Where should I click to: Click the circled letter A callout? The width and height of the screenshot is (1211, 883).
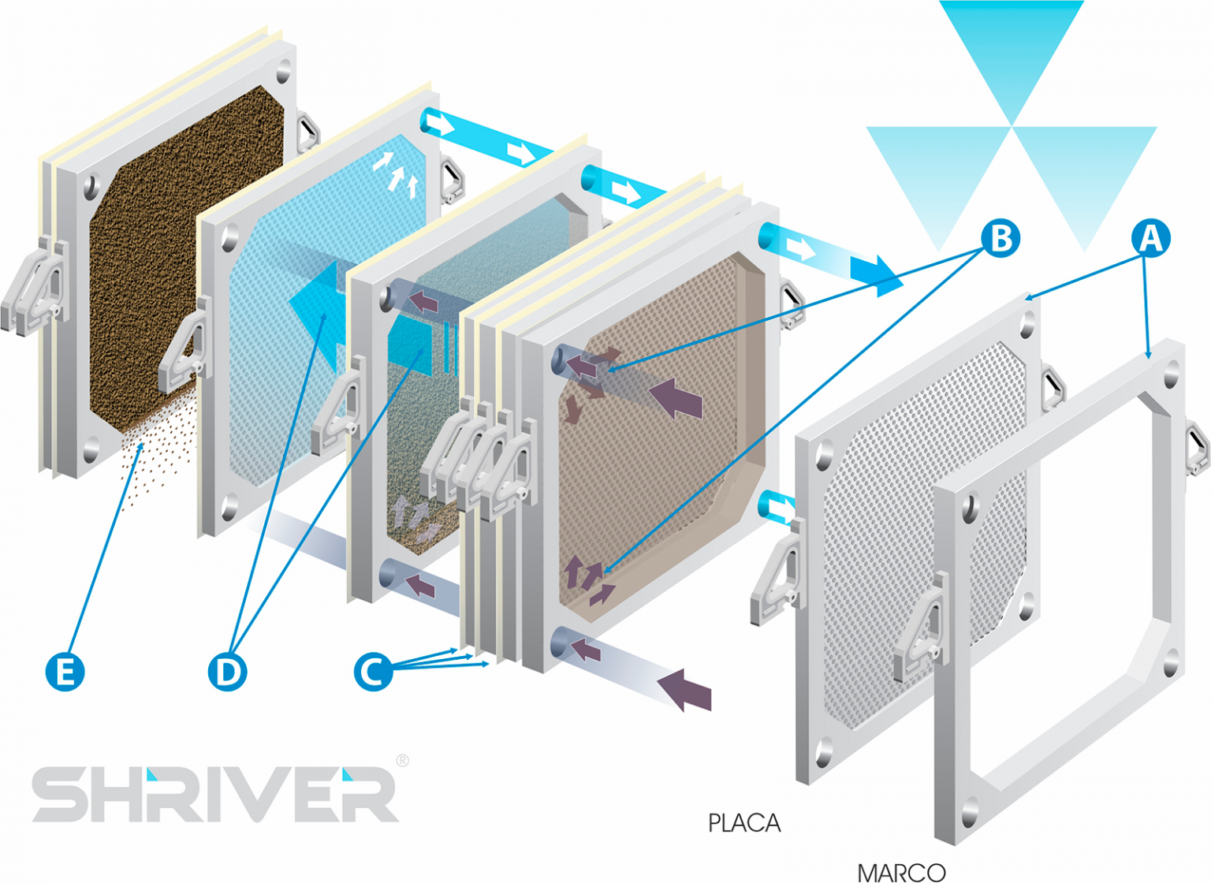click(x=1150, y=238)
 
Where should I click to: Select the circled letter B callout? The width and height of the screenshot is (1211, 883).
click(x=1000, y=238)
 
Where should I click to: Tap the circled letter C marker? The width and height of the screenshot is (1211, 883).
click(x=373, y=672)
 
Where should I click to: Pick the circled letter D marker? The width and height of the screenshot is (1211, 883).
click(x=227, y=672)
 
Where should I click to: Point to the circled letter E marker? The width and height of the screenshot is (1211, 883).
click(x=65, y=672)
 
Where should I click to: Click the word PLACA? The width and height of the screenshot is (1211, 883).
click(x=743, y=823)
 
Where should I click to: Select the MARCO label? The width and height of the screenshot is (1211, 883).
click(x=900, y=872)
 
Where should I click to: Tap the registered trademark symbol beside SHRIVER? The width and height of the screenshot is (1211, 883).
click(x=402, y=761)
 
